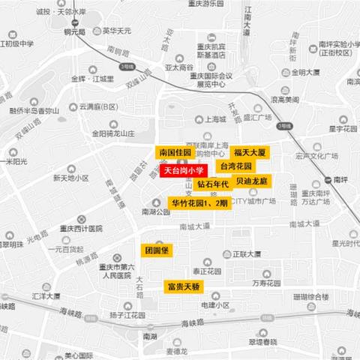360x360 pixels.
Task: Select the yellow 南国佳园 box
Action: pos(175,152)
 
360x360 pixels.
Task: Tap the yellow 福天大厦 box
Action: pos(249,152)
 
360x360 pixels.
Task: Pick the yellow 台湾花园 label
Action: pos(235,165)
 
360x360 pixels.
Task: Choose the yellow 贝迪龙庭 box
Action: pos(251,181)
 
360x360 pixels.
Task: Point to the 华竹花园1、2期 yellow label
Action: pos(199,203)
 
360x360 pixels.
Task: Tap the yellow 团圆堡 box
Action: pos(158,250)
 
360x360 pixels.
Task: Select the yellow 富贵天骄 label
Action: pos(183,286)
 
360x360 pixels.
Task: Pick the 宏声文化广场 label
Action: pos(317,157)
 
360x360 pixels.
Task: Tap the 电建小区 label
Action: pos(215,305)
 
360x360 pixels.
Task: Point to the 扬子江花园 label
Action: pos(125,316)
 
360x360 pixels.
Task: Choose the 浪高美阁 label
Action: pos(284,100)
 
